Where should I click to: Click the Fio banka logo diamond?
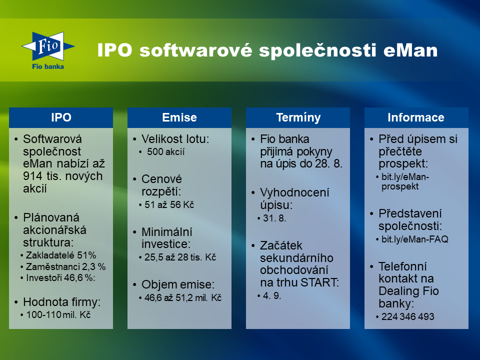[x=48, y=46]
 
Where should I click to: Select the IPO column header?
[x=61, y=117]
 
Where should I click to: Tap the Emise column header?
[x=179, y=117]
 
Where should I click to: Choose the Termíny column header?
[x=298, y=117]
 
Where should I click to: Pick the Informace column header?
[x=416, y=117]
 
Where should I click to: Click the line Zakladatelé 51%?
[x=61, y=255]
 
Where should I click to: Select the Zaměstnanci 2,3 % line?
[x=65, y=266]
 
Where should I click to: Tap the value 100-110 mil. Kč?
[x=58, y=314]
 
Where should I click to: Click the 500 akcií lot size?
[x=165, y=152]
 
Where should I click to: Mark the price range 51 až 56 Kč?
[x=169, y=204]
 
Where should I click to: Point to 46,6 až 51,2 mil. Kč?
[x=183, y=297]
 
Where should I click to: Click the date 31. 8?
[x=274, y=218]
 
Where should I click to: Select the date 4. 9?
[x=272, y=295]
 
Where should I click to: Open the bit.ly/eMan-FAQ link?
[x=415, y=239]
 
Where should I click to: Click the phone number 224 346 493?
[x=408, y=316]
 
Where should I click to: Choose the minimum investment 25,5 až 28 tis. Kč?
[x=180, y=257]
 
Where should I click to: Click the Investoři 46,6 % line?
[x=60, y=277]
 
